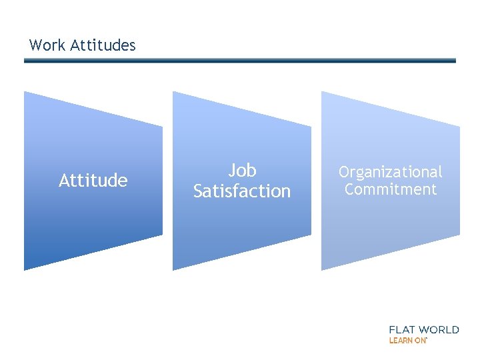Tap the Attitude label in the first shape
pyautogui.click(x=93, y=181)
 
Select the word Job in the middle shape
pyautogui.click(x=242, y=171)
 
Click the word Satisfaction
pyautogui.click(x=242, y=191)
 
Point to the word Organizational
pyautogui.click(x=390, y=173)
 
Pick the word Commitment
pyautogui.click(x=391, y=189)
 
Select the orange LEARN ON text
pyautogui.click(x=407, y=340)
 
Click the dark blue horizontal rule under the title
pyautogui.click(x=240, y=61)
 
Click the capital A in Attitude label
pyautogui.click(x=64, y=181)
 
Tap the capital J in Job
pyautogui.click(x=232, y=171)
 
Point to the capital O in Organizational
pyautogui.click(x=344, y=173)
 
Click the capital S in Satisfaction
pyautogui.click(x=198, y=191)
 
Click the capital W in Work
pyautogui.click(x=36, y=45)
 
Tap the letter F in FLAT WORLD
pyautogui.click(x=392, y=329)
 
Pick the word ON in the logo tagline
pyautogui.click(x=420, y=340)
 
